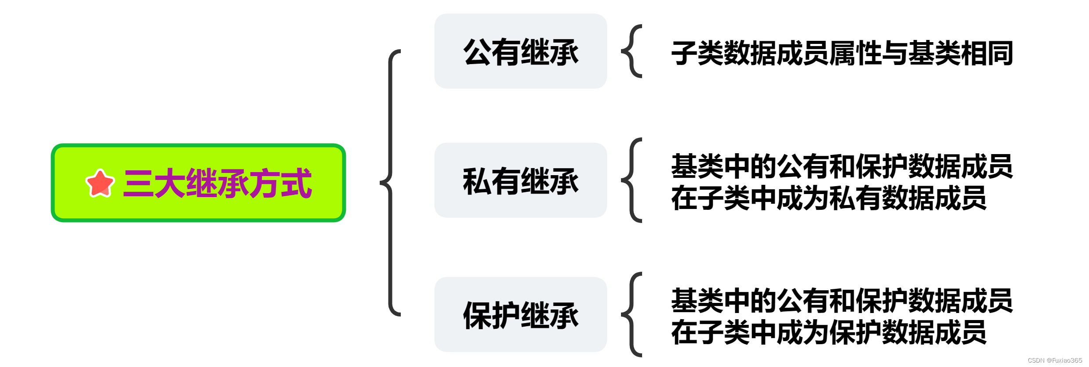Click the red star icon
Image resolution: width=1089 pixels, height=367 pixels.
tap(100, 183)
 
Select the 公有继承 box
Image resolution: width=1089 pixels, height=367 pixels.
tap(520, 51)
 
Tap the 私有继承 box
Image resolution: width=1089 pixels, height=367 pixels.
tap(520, 180)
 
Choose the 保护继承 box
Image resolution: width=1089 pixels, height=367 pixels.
tap(520, 314)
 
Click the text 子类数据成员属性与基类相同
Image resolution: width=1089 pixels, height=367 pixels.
tap(842, 53)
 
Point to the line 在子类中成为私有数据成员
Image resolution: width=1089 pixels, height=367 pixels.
tap(829, 198)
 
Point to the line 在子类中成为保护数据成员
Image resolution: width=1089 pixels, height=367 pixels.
tap(829, 332)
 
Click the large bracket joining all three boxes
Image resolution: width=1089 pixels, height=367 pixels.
tap(391, 183)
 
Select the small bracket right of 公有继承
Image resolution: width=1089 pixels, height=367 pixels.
tap(632, 51)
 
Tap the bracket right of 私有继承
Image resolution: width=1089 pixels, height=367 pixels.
tap(632, 180)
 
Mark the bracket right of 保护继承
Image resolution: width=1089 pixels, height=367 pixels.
tap(632, 314)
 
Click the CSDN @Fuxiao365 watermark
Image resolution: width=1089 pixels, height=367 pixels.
tap(1055, 360)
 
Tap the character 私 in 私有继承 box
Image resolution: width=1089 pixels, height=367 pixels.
tap(477, 181)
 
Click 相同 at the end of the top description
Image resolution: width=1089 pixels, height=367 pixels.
tap(987, 53)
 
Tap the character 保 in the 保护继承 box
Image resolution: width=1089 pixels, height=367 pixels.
tap(477, 315)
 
